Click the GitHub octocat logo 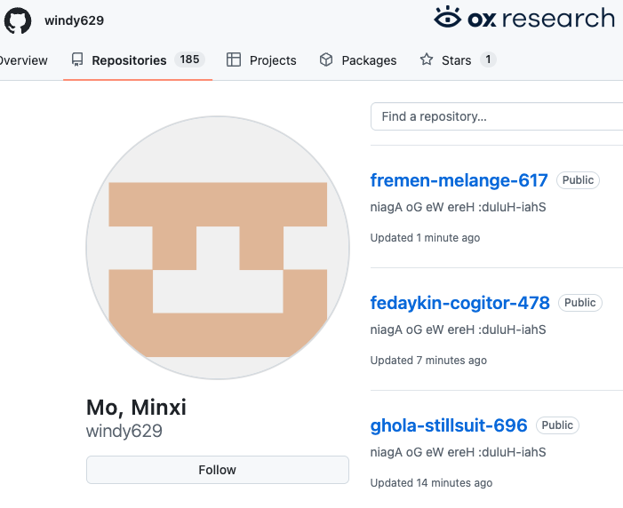pyautogui.click(x=18, y=20)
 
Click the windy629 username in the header pyautogui.click(x=75, y=20)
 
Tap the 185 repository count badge pyautogui.click(x=189, y=60)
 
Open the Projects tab pyautogui.click(x=261, y=60)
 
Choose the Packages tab pyautogui.click(x=358, y=60)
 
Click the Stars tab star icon pyautogui.click(x=427, y=60)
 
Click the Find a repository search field pyautogui.click(x=497, y=116)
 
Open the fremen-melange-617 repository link pyautogui.click(x=459, y=180)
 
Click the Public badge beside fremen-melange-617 pyautogui.click(x=578, y=180)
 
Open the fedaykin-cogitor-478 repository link pyautogui.click(x=460, y=303)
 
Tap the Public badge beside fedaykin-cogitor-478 pyautogui.click(x=580, y=303)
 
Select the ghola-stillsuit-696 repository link pyautogui.click(x=449, y=425)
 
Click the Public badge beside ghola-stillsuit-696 pyautogui.click(x=557, y=425)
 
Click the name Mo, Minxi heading pyautogui.click(x=136, y=408)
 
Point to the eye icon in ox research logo pyautogui.click(x=447, y=17)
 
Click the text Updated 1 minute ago pyautogui.click(x=425, y=237)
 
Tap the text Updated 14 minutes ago pyautogui.click(x=431, y=482)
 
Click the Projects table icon pyautogui.click(x=234, y=60)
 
